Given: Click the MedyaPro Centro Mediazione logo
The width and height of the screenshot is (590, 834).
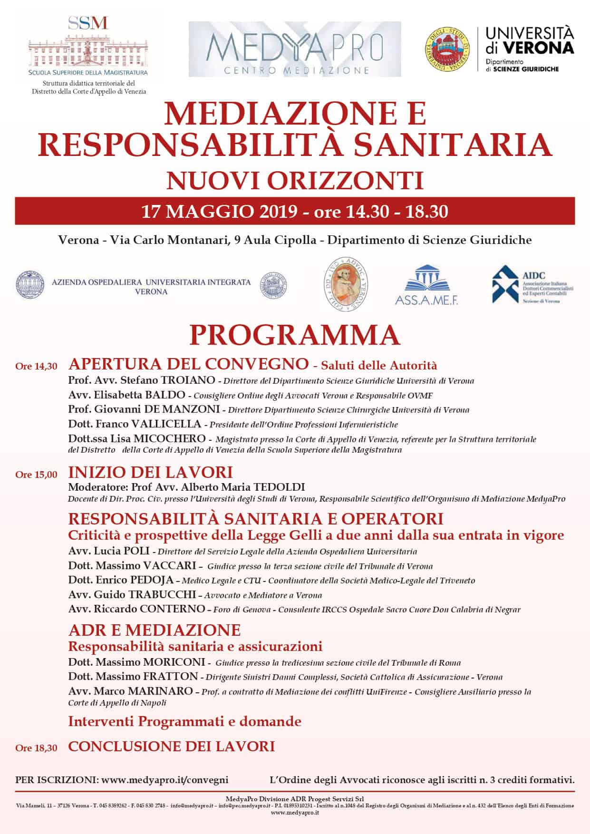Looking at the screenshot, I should click(x=295, y=49).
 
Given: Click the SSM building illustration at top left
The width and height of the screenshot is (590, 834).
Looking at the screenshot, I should click(x=87, y=49).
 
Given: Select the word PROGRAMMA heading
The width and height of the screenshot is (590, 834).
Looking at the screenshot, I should click(x=295, y=335).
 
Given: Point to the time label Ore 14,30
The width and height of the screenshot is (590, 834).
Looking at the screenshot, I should click(x=36, y=366).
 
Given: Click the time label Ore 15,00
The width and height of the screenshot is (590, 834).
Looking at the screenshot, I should click(x=36, y=475).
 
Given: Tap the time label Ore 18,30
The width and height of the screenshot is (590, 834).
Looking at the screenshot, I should click(x=36, y=748).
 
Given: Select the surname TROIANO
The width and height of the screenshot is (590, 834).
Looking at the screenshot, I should click(x=188, y=380).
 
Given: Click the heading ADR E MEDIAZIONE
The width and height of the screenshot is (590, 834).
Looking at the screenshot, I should click(x=155, y=630).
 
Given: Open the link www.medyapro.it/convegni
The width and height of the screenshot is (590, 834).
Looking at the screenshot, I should click(x=165, y=780).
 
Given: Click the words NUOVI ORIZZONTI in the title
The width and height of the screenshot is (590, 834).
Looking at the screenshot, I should click(x=295, y=181).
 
